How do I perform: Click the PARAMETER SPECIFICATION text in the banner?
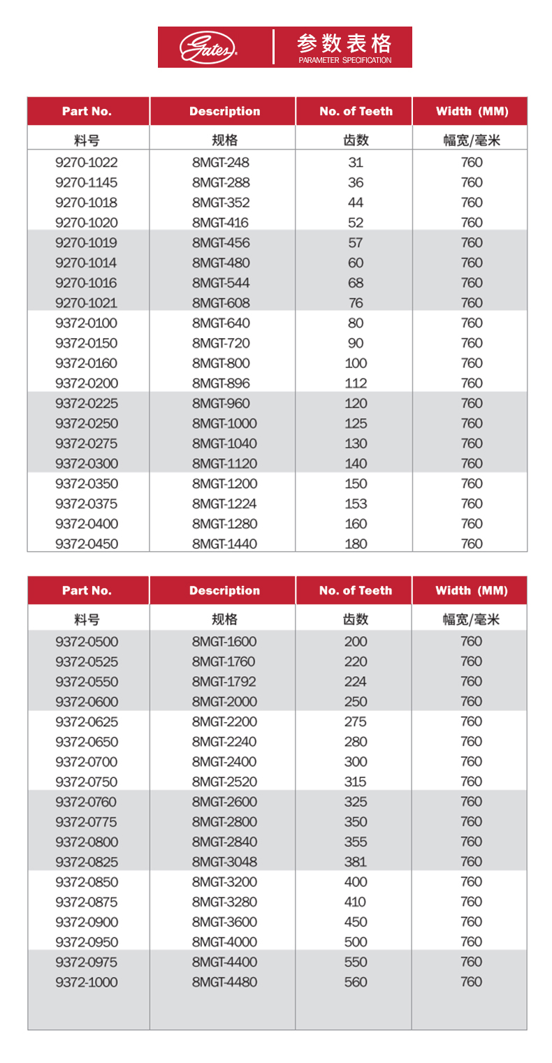pos(344,60)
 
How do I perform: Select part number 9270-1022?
pos(87,163)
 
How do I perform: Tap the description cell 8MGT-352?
pos(221,203)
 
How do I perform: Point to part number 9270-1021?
pos(87,304)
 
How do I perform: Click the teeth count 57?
pos(356,243)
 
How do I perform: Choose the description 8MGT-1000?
pos(224,424)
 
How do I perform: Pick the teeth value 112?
pos(356,383)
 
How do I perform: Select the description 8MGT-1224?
pos(224,504)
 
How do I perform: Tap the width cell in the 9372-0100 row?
pos(472,323)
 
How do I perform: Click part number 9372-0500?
pos(87,642)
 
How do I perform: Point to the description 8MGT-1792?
pos(224,682)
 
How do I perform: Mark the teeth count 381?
pos(356,863)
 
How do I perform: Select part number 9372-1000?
pos(87,983)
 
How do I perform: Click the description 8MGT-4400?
pos(224,962)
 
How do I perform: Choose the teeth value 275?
pos(356,722)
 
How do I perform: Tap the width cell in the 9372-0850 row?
pos(472,882)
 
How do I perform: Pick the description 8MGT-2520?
pos(224,782)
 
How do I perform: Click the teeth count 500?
pos(356,943)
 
